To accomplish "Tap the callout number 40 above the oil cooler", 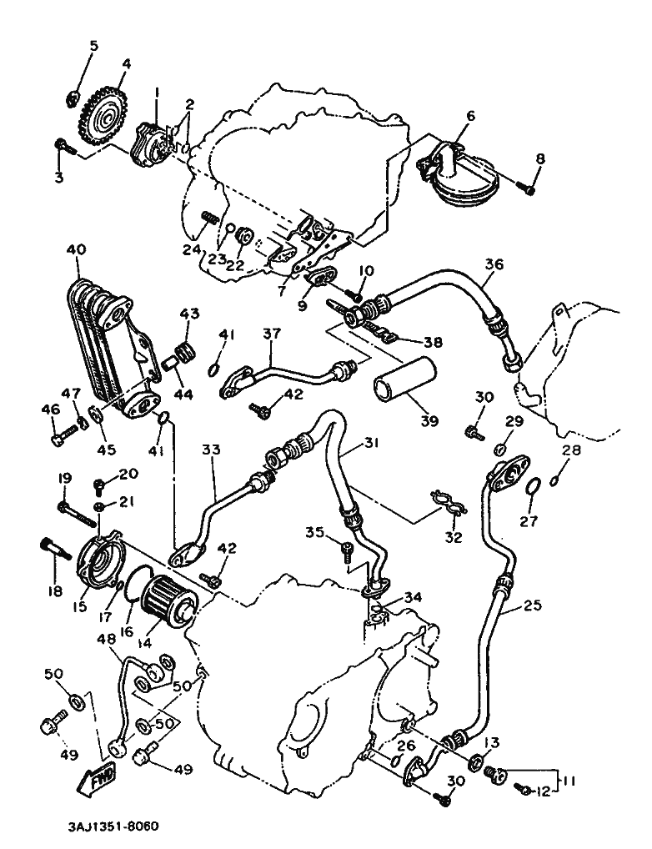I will (x=76, y=249).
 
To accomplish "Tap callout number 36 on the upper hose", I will (x=494, y=264).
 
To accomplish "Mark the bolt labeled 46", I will (x=58, y=435).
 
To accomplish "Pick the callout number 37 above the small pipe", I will (x=272, y=334).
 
